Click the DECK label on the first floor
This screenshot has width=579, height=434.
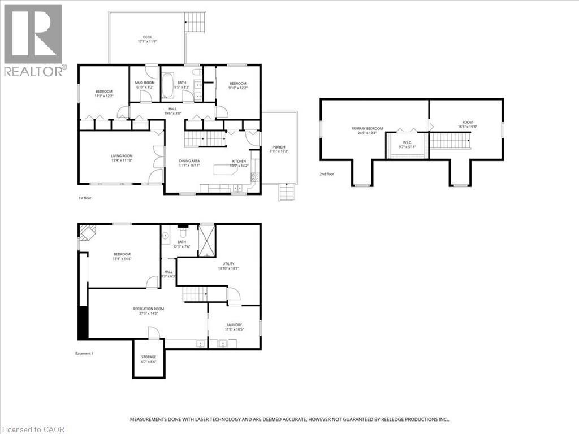(147, 37)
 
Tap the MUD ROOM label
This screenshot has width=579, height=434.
(145, 83)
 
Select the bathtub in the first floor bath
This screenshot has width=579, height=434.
(168, 88)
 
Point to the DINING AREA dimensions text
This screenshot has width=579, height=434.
(189, 165)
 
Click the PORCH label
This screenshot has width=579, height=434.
(278, 147)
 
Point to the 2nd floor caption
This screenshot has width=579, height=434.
(326, 174)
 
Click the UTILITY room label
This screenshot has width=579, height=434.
(228, 264)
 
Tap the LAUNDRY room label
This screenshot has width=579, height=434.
(234, 324)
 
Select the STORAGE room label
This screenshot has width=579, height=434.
(149, 357)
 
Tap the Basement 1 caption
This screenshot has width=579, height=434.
(84, 354)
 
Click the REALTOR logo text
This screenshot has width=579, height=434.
(34, 71)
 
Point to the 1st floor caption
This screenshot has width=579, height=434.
(84, 198)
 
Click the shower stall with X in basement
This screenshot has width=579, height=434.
(206, 241)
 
